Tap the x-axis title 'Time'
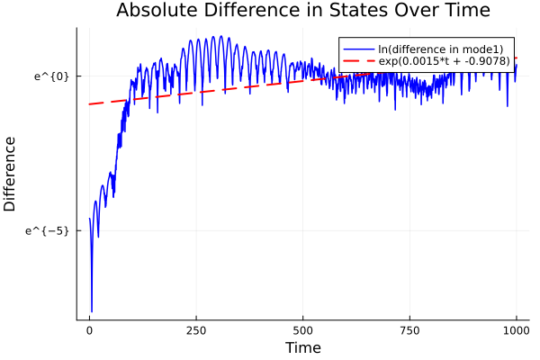(x=302, y=347)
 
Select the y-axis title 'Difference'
(x=11, y=174)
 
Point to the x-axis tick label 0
(x=89, y=330)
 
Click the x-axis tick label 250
(x=196, y=330)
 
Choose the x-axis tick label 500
(x=302, y=330)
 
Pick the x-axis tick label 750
(x=409, y=330)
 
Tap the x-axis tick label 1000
(x=517, y=330)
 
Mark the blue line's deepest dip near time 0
(x=92, y=310)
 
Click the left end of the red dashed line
(x=89, y=104)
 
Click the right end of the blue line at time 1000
(x=517, y=66)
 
